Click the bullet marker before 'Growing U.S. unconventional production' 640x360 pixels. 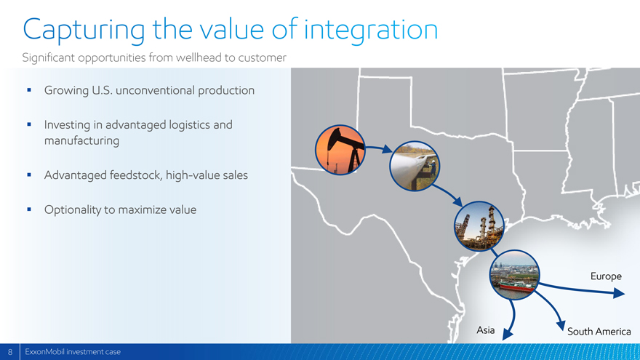tap(29, 89)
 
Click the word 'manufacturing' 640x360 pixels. tap(81, 141)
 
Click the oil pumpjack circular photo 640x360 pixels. tap(340, 150)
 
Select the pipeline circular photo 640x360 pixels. tap(415, 166)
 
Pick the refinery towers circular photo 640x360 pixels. tap(479, 225)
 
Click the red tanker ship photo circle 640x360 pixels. tap(514, 275)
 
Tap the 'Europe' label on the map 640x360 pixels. tap(606, 277)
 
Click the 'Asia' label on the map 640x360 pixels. tap(485, 329)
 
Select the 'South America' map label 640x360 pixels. tap(599, 332)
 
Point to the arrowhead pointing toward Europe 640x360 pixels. tap(619, 292)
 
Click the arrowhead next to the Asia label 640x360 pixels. tap(508, 335)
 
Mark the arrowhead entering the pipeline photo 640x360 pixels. tap(387, 149)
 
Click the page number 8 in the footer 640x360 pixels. tap(10, 352)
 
